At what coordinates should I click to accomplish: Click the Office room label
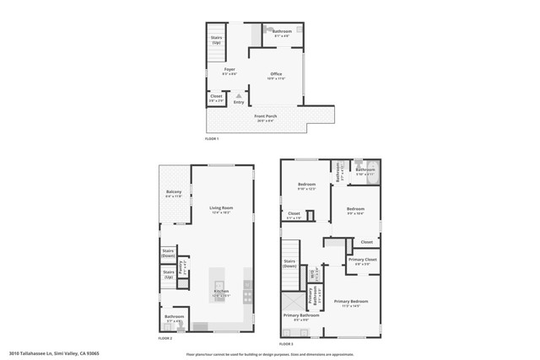click(x=276, y=75)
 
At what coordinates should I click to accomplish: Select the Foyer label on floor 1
click(x=229, y=69)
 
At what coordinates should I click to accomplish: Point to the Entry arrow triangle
click(x=239, y=96)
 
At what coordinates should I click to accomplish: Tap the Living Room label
click(x=222, y=208)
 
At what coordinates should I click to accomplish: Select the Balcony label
click(x=174, y=195)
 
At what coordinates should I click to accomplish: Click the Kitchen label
click(x=220, y=293)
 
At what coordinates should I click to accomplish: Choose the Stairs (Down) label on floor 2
click(x=169, y=252)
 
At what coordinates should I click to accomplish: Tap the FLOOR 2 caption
click(x=165, y=338)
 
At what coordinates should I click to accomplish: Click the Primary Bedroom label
click(x=351, y=303)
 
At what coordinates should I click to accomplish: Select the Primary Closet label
click(x=364, y=261)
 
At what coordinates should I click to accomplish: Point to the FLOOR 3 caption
click(x=286, y=344)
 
